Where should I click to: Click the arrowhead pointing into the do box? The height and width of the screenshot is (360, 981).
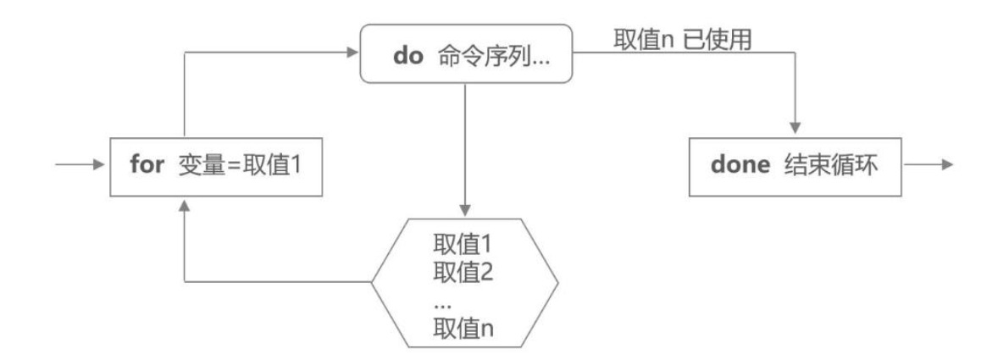click(x=353, y=54)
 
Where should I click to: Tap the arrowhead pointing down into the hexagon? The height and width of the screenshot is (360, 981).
click(x=464, y=210)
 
